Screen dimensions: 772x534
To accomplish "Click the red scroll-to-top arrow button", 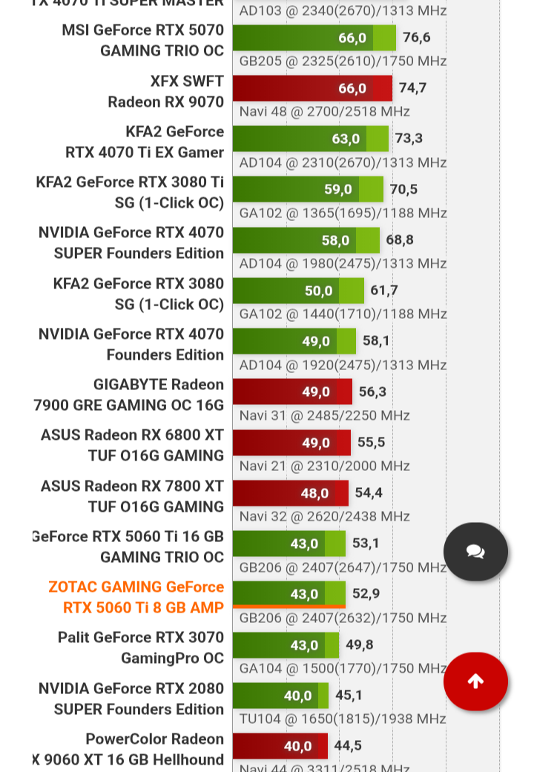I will point(475,682).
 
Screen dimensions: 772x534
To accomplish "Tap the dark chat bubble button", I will point(475,552).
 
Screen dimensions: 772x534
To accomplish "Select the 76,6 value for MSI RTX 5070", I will point(416,38).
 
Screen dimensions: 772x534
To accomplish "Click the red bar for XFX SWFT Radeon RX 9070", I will point(311,88).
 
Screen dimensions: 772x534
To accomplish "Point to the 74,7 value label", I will point(412,88).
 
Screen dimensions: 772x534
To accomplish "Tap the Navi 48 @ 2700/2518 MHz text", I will point(324,111).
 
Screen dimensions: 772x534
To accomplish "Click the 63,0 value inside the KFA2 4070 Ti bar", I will point(346,139).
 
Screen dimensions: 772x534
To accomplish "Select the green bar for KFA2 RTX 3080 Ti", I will point(308,189).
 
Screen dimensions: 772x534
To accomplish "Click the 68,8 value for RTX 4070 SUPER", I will point(400,240).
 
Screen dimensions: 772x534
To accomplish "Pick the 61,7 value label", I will point(384,290).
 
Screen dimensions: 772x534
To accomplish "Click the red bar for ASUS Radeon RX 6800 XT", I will point(291,443).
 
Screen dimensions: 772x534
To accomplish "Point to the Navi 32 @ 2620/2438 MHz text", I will point(324,516).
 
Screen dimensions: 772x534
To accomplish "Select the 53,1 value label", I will point(366,544).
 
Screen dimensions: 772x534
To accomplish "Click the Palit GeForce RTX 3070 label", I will point(141,647).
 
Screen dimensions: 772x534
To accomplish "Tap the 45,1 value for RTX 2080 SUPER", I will point(349,696).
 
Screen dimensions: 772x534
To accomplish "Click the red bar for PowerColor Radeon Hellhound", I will point(280,746).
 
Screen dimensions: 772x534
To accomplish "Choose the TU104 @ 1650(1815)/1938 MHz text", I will point(342,719).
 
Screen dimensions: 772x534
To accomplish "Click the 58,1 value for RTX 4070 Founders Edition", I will point(376,341).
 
